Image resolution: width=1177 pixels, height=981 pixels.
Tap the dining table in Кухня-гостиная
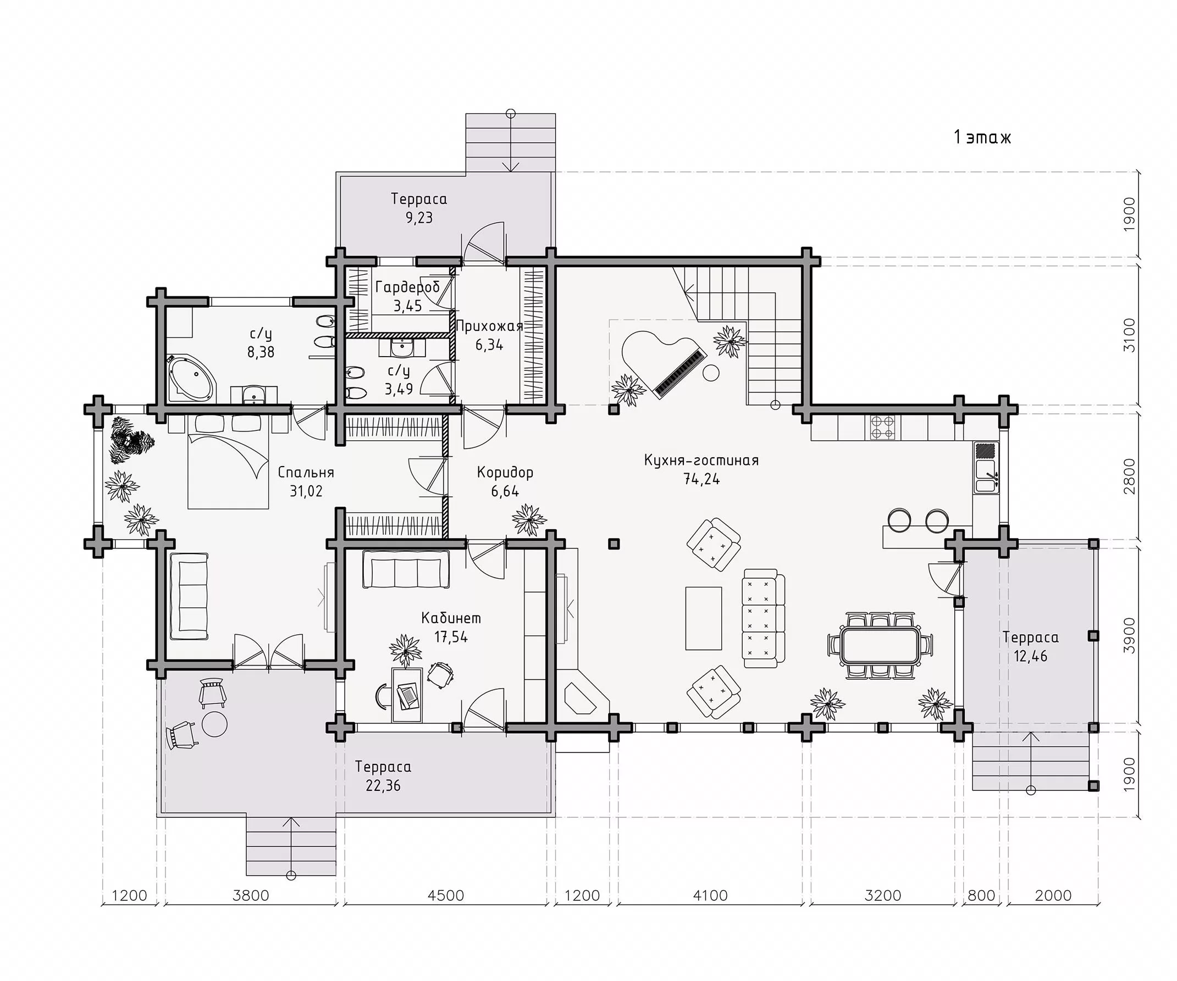point(880,646)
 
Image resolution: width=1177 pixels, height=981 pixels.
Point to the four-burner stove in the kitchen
point(882,428)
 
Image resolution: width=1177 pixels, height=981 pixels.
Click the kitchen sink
point(986,475)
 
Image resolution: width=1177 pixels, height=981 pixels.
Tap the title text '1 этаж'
point(982,137)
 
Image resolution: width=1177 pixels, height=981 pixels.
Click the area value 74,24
point(701,479)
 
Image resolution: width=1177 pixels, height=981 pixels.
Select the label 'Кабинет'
point(451,618)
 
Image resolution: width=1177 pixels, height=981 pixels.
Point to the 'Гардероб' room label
point(408,288)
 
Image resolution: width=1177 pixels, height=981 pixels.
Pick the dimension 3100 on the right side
point(1129,335)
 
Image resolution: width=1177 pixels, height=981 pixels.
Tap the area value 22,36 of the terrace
point(383,785)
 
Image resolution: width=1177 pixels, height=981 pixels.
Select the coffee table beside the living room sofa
point(704,618)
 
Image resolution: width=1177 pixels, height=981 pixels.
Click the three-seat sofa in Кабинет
point(406,569)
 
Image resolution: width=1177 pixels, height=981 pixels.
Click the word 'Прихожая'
point(489,326)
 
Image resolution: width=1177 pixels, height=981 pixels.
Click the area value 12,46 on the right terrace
point(1030,656)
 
